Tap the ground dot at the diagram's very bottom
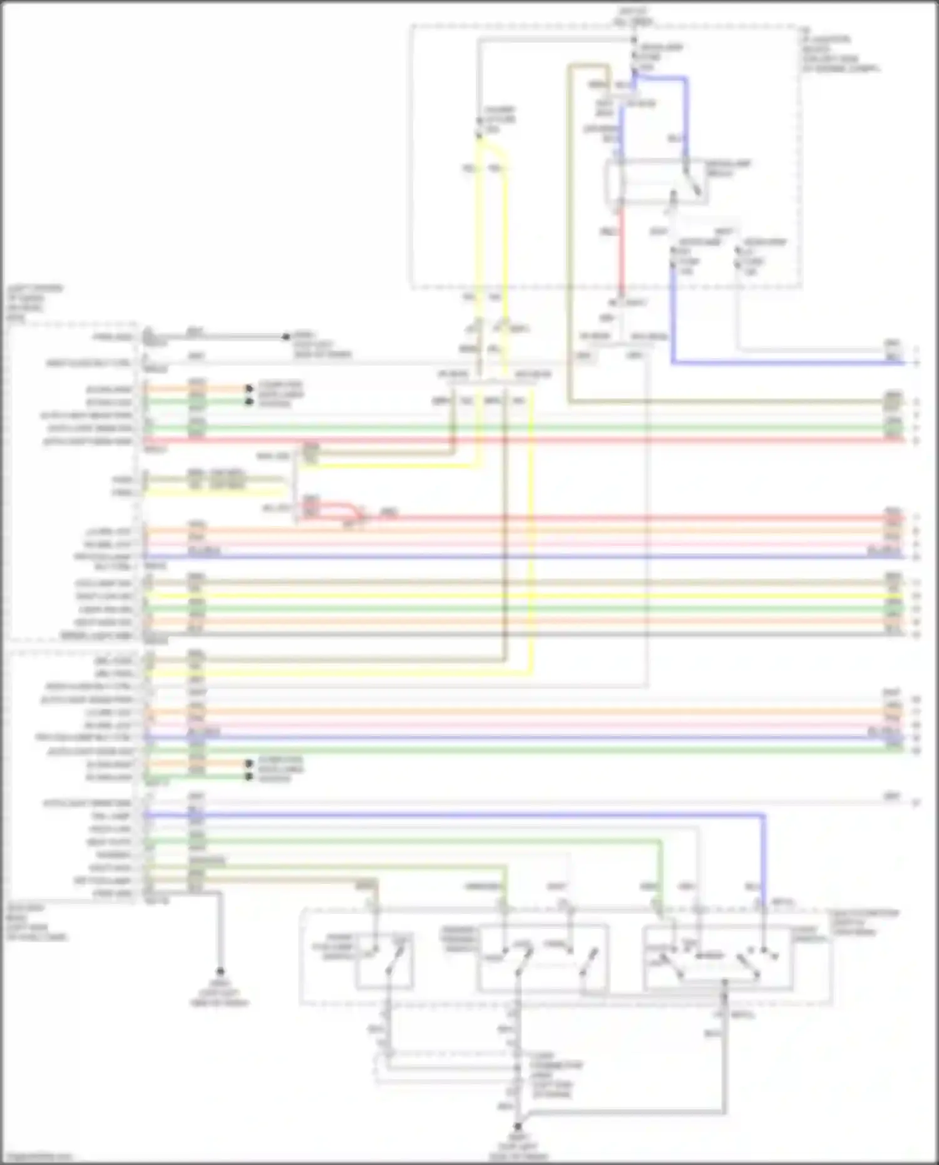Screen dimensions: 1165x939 518,1126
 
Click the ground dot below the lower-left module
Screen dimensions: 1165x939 220,972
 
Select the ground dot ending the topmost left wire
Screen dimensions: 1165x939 285,337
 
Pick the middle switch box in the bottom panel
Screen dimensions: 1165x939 542,958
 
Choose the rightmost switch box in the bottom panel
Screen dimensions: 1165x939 718,958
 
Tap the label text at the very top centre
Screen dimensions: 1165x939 634,16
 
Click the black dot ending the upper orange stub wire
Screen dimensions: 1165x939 249,389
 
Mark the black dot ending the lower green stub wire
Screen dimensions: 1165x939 249,777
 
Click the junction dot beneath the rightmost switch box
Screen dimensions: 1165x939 725,983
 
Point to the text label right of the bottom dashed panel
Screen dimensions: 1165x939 864,922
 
